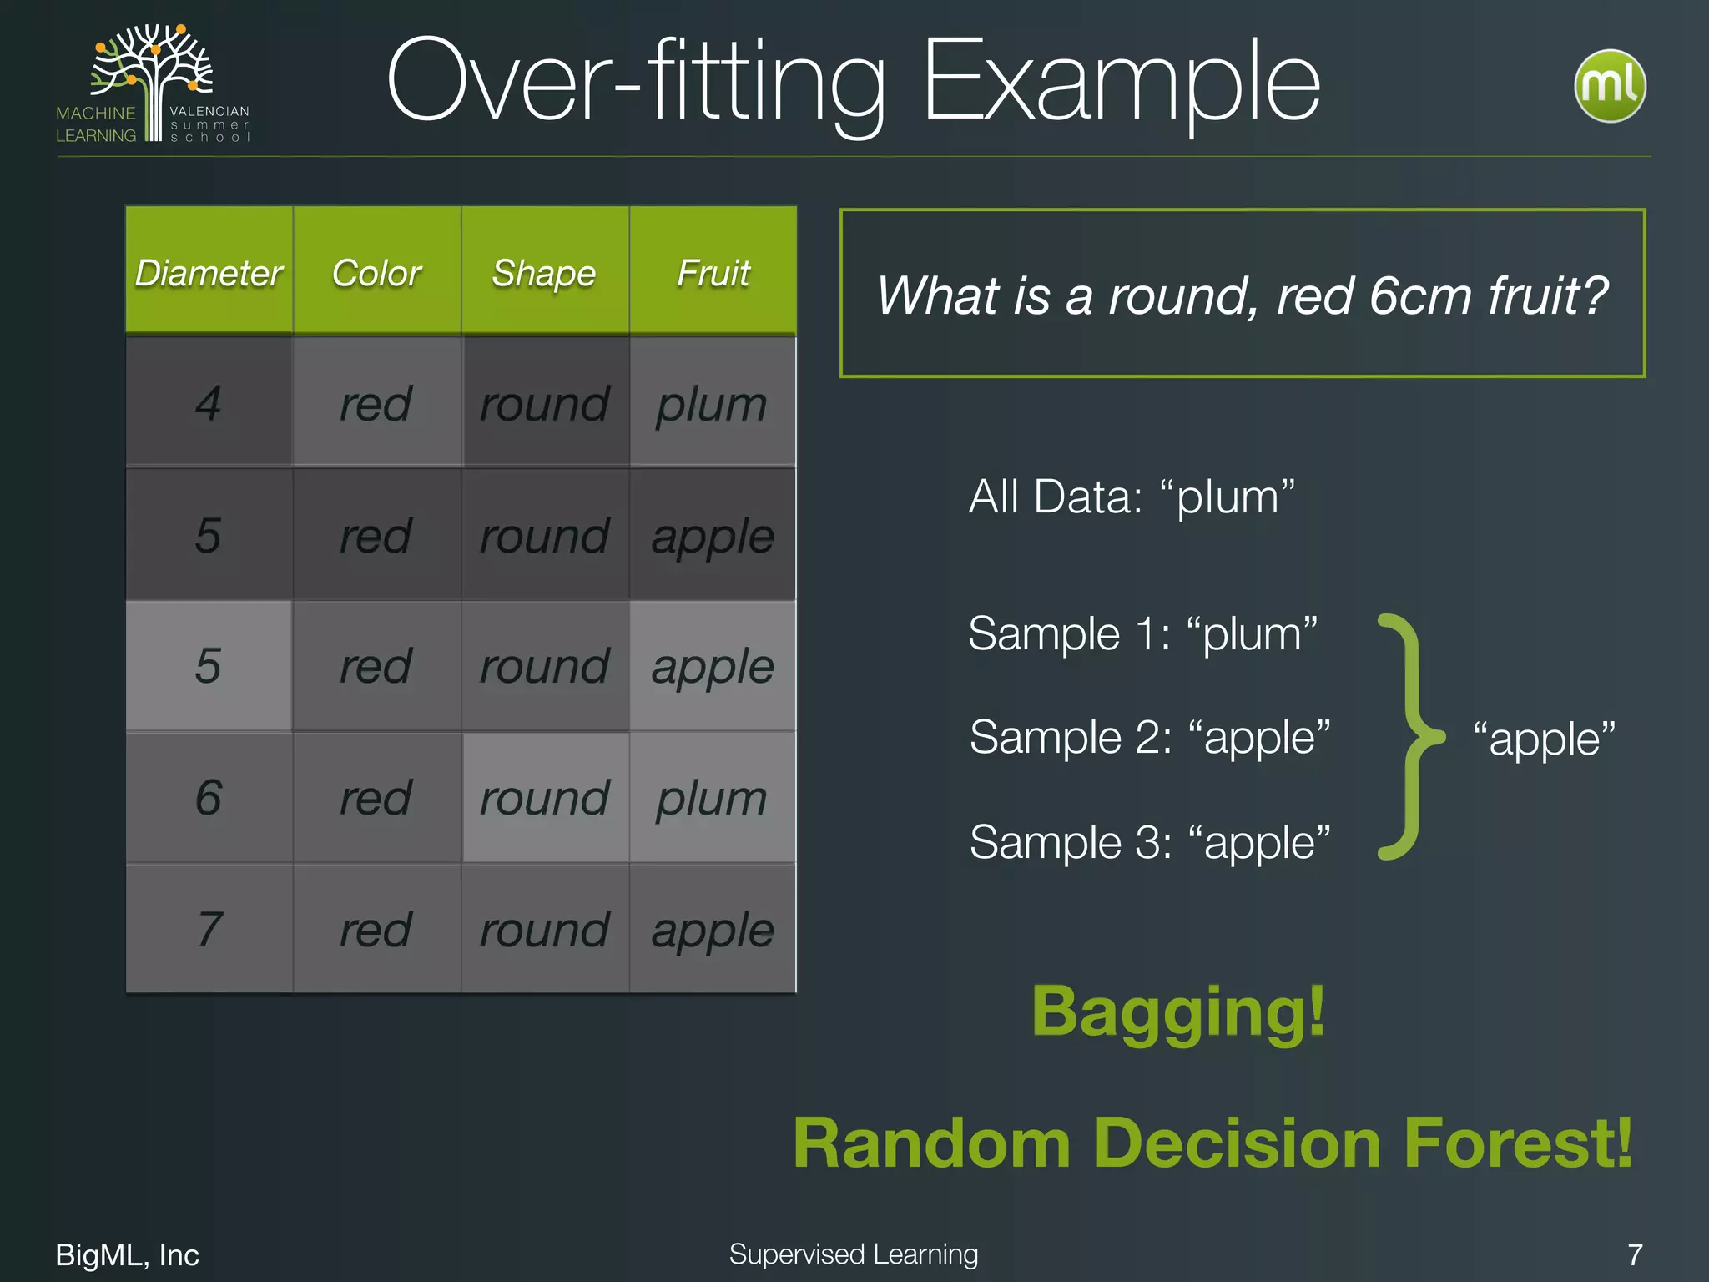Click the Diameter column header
[209, 273]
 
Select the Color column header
[376, 273]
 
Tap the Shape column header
[544, 273]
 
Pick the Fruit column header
[713, 273]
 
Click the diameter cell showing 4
[209, 403]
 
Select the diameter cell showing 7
[209, 929]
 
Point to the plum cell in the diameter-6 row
[712, 798]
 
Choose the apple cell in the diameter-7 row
[713, 929]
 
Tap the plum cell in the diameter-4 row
[712, 403]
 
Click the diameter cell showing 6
[209, 798]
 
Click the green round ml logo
[1610, 86]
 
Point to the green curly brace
[1409, 737]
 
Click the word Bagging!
[1178, 1012]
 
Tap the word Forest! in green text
[1518, 1143]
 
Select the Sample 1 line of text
[1142, 634]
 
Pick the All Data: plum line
[1132, 497]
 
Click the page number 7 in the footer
[1635, 1254]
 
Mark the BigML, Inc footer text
[127, 1254]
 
